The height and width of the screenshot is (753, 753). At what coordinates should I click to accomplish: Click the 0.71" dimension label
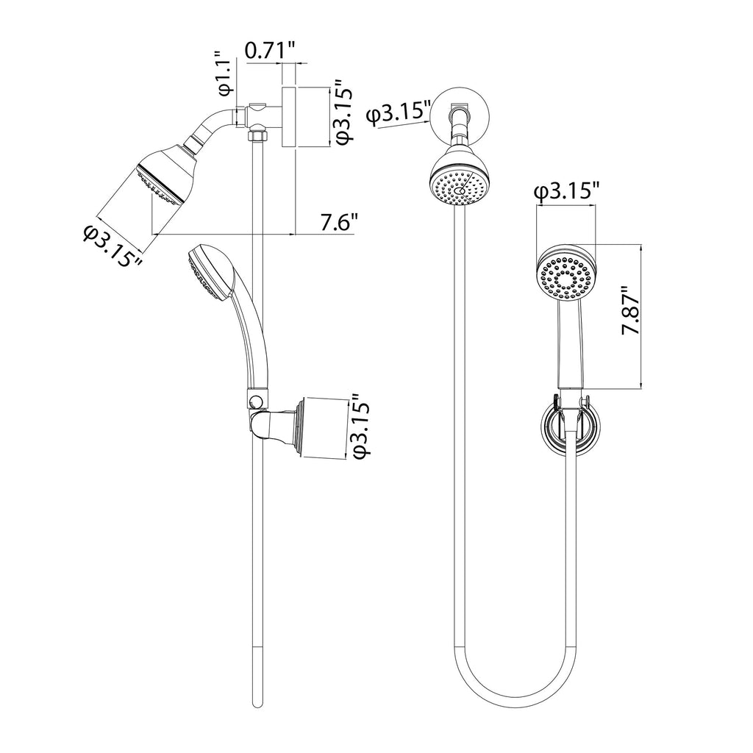click(x=269, y=51)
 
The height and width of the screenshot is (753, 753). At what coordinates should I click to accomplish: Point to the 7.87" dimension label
click(x=631, y=311)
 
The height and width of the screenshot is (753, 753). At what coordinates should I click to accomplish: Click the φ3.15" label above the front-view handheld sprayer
click(x=568, y=192)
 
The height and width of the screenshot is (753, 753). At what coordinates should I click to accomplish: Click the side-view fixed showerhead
click(x=166, y=178)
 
